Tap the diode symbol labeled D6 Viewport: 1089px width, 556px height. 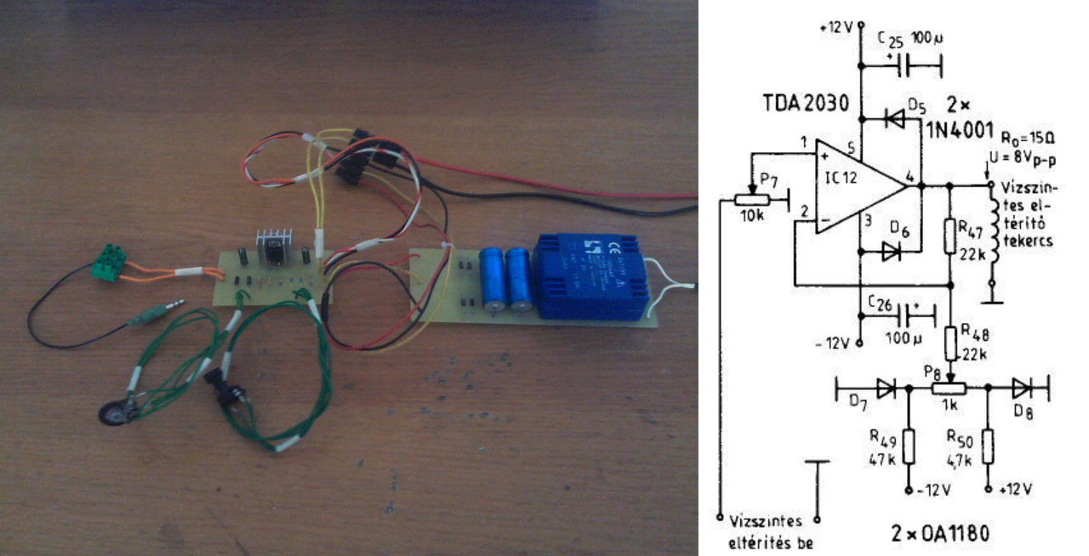[x=890, y=251]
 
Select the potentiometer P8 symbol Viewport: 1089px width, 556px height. [x=949, y=388]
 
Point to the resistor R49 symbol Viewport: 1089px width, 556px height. [x=908, y=445]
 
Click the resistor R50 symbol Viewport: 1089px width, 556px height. [x=988, y=445]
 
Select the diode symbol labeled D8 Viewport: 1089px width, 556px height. [x=1021, y=388]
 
